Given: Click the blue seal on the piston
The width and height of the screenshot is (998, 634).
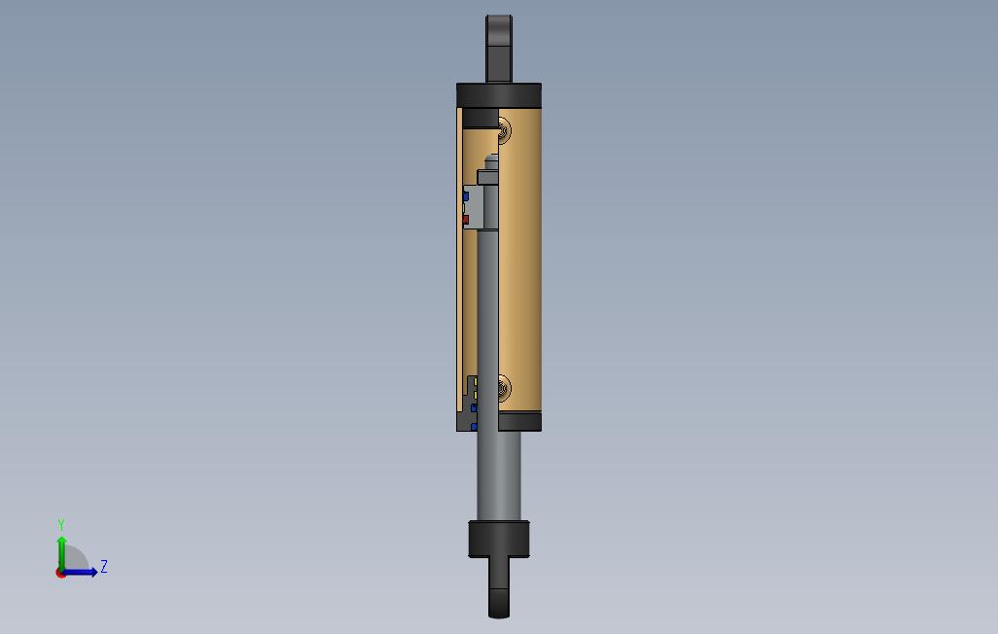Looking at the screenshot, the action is pyautogui.click(x=465, y=196).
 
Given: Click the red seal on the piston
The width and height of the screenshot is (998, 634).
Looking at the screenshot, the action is pyautogui.click(x=465, y=220).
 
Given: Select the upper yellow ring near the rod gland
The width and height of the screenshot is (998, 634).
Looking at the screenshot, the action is pyautogui.click(x=476, y=381).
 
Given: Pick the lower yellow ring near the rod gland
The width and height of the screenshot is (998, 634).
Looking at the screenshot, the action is pyautogui.click(x=476, y=396).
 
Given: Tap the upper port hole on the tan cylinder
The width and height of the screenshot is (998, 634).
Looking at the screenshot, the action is pyautogui.click(x=504, y=132).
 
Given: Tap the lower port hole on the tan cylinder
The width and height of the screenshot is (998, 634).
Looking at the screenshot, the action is pyautogui.click(x=504, y=388).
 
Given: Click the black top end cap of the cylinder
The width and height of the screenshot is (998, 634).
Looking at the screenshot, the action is pyautogui.click(x=499, y=95).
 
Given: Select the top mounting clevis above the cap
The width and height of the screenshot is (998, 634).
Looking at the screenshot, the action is pyautogui.click(x=499, y=49).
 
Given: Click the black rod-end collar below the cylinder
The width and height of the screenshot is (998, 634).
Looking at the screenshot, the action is pyautogui.click(x=499, y=539).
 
